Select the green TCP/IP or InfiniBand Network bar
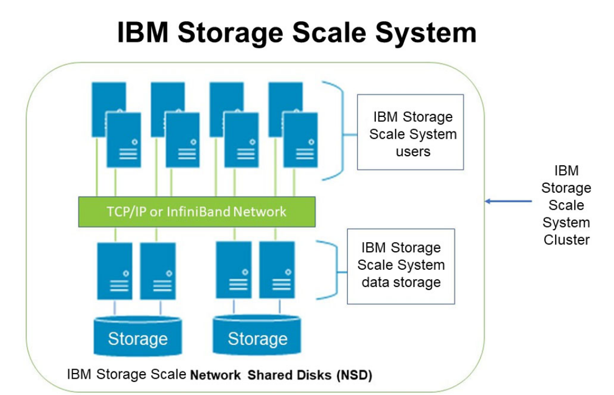point(196,212)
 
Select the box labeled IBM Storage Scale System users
point(410,132)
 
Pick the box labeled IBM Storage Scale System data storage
point(401,266)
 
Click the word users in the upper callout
point(413,152)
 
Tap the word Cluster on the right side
point(566,240)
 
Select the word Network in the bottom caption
point(216,375)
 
